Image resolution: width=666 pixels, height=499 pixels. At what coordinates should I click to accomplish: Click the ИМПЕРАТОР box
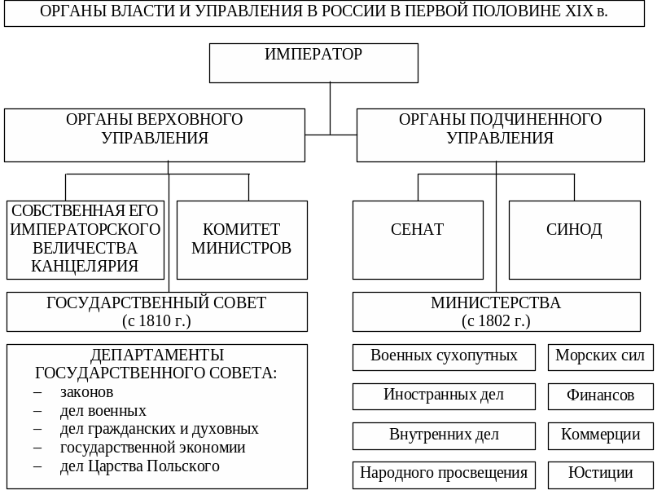click(x=313, y=63)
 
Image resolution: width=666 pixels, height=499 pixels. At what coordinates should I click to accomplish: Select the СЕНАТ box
click(x=418, y=240)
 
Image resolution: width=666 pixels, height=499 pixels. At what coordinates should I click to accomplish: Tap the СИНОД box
click(x=574, y=240)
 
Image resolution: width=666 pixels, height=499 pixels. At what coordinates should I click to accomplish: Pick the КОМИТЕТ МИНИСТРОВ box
click(x=242, y=240)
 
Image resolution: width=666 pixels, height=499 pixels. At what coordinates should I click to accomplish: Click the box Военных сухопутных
click(x=444, y=356)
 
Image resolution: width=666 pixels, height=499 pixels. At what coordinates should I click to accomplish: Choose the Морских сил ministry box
click(x=600, y=356)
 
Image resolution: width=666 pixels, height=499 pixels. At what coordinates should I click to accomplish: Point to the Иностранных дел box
click(x=444, y=395)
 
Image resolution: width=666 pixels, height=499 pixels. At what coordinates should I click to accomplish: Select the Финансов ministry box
click(x=600, y=396)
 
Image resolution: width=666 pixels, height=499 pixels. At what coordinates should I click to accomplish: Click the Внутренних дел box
click(x=444, y=435)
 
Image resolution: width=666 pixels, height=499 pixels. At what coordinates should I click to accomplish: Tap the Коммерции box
click(x=600, y=435)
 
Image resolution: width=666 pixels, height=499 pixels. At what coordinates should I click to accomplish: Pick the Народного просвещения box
click(x=444, y=474)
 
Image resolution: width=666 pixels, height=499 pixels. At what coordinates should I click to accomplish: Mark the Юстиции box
click(x=600, y=474)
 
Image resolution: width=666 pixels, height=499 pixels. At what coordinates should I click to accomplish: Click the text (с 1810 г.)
click(x=156, y=320)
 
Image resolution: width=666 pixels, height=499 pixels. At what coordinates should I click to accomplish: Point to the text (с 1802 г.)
click(x=496, y=320)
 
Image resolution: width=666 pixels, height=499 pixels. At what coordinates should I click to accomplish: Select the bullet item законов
click(x=86, y=392)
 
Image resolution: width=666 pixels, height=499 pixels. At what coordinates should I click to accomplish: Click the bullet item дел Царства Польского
click(x=139, y=466)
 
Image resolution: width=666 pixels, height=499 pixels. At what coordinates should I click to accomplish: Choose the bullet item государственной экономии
click(x=152, y=448)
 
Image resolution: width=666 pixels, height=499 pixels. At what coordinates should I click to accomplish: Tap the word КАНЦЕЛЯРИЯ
click(x=85, y=266)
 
